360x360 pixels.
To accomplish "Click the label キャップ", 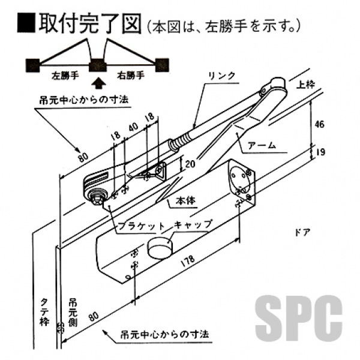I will coord(193,224).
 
